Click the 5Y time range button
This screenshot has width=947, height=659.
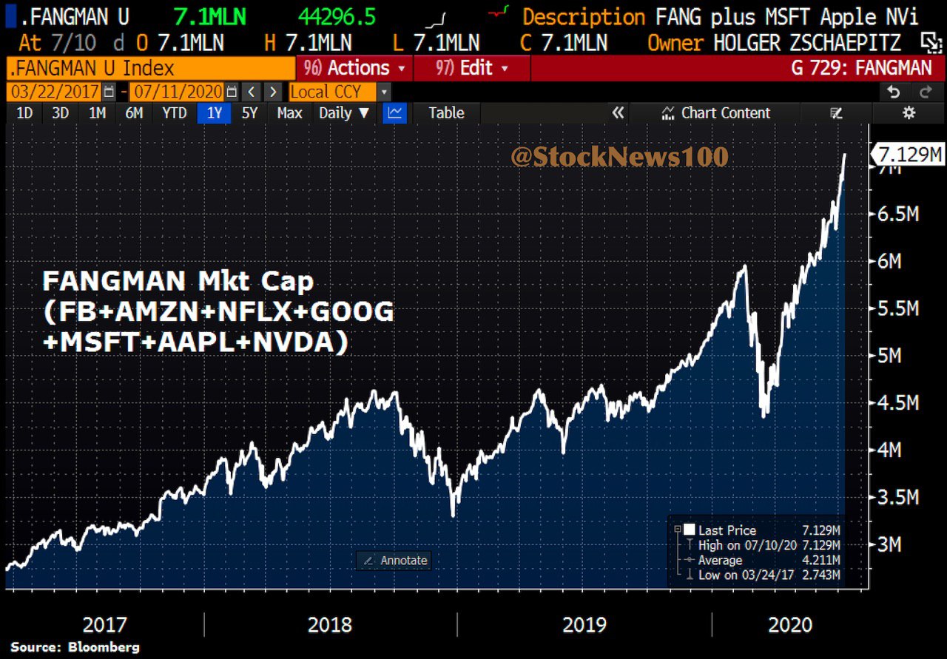click(250, 113)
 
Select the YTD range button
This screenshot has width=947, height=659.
click(174, 113)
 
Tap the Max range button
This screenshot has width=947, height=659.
click(289, 113)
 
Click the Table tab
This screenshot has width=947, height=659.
click(446, 113)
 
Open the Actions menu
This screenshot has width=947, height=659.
click(354, 69)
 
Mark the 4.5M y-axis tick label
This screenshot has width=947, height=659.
click(899, 403)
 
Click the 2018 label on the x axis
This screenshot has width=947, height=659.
click(330, 625)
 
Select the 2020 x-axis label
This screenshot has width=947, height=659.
click(790, 625)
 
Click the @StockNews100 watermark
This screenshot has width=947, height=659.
click(619, 157)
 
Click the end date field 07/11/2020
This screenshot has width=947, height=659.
click(178, 92)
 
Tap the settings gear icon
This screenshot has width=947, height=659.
click(909, 113)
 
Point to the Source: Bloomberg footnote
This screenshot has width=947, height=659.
click(75, 647)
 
